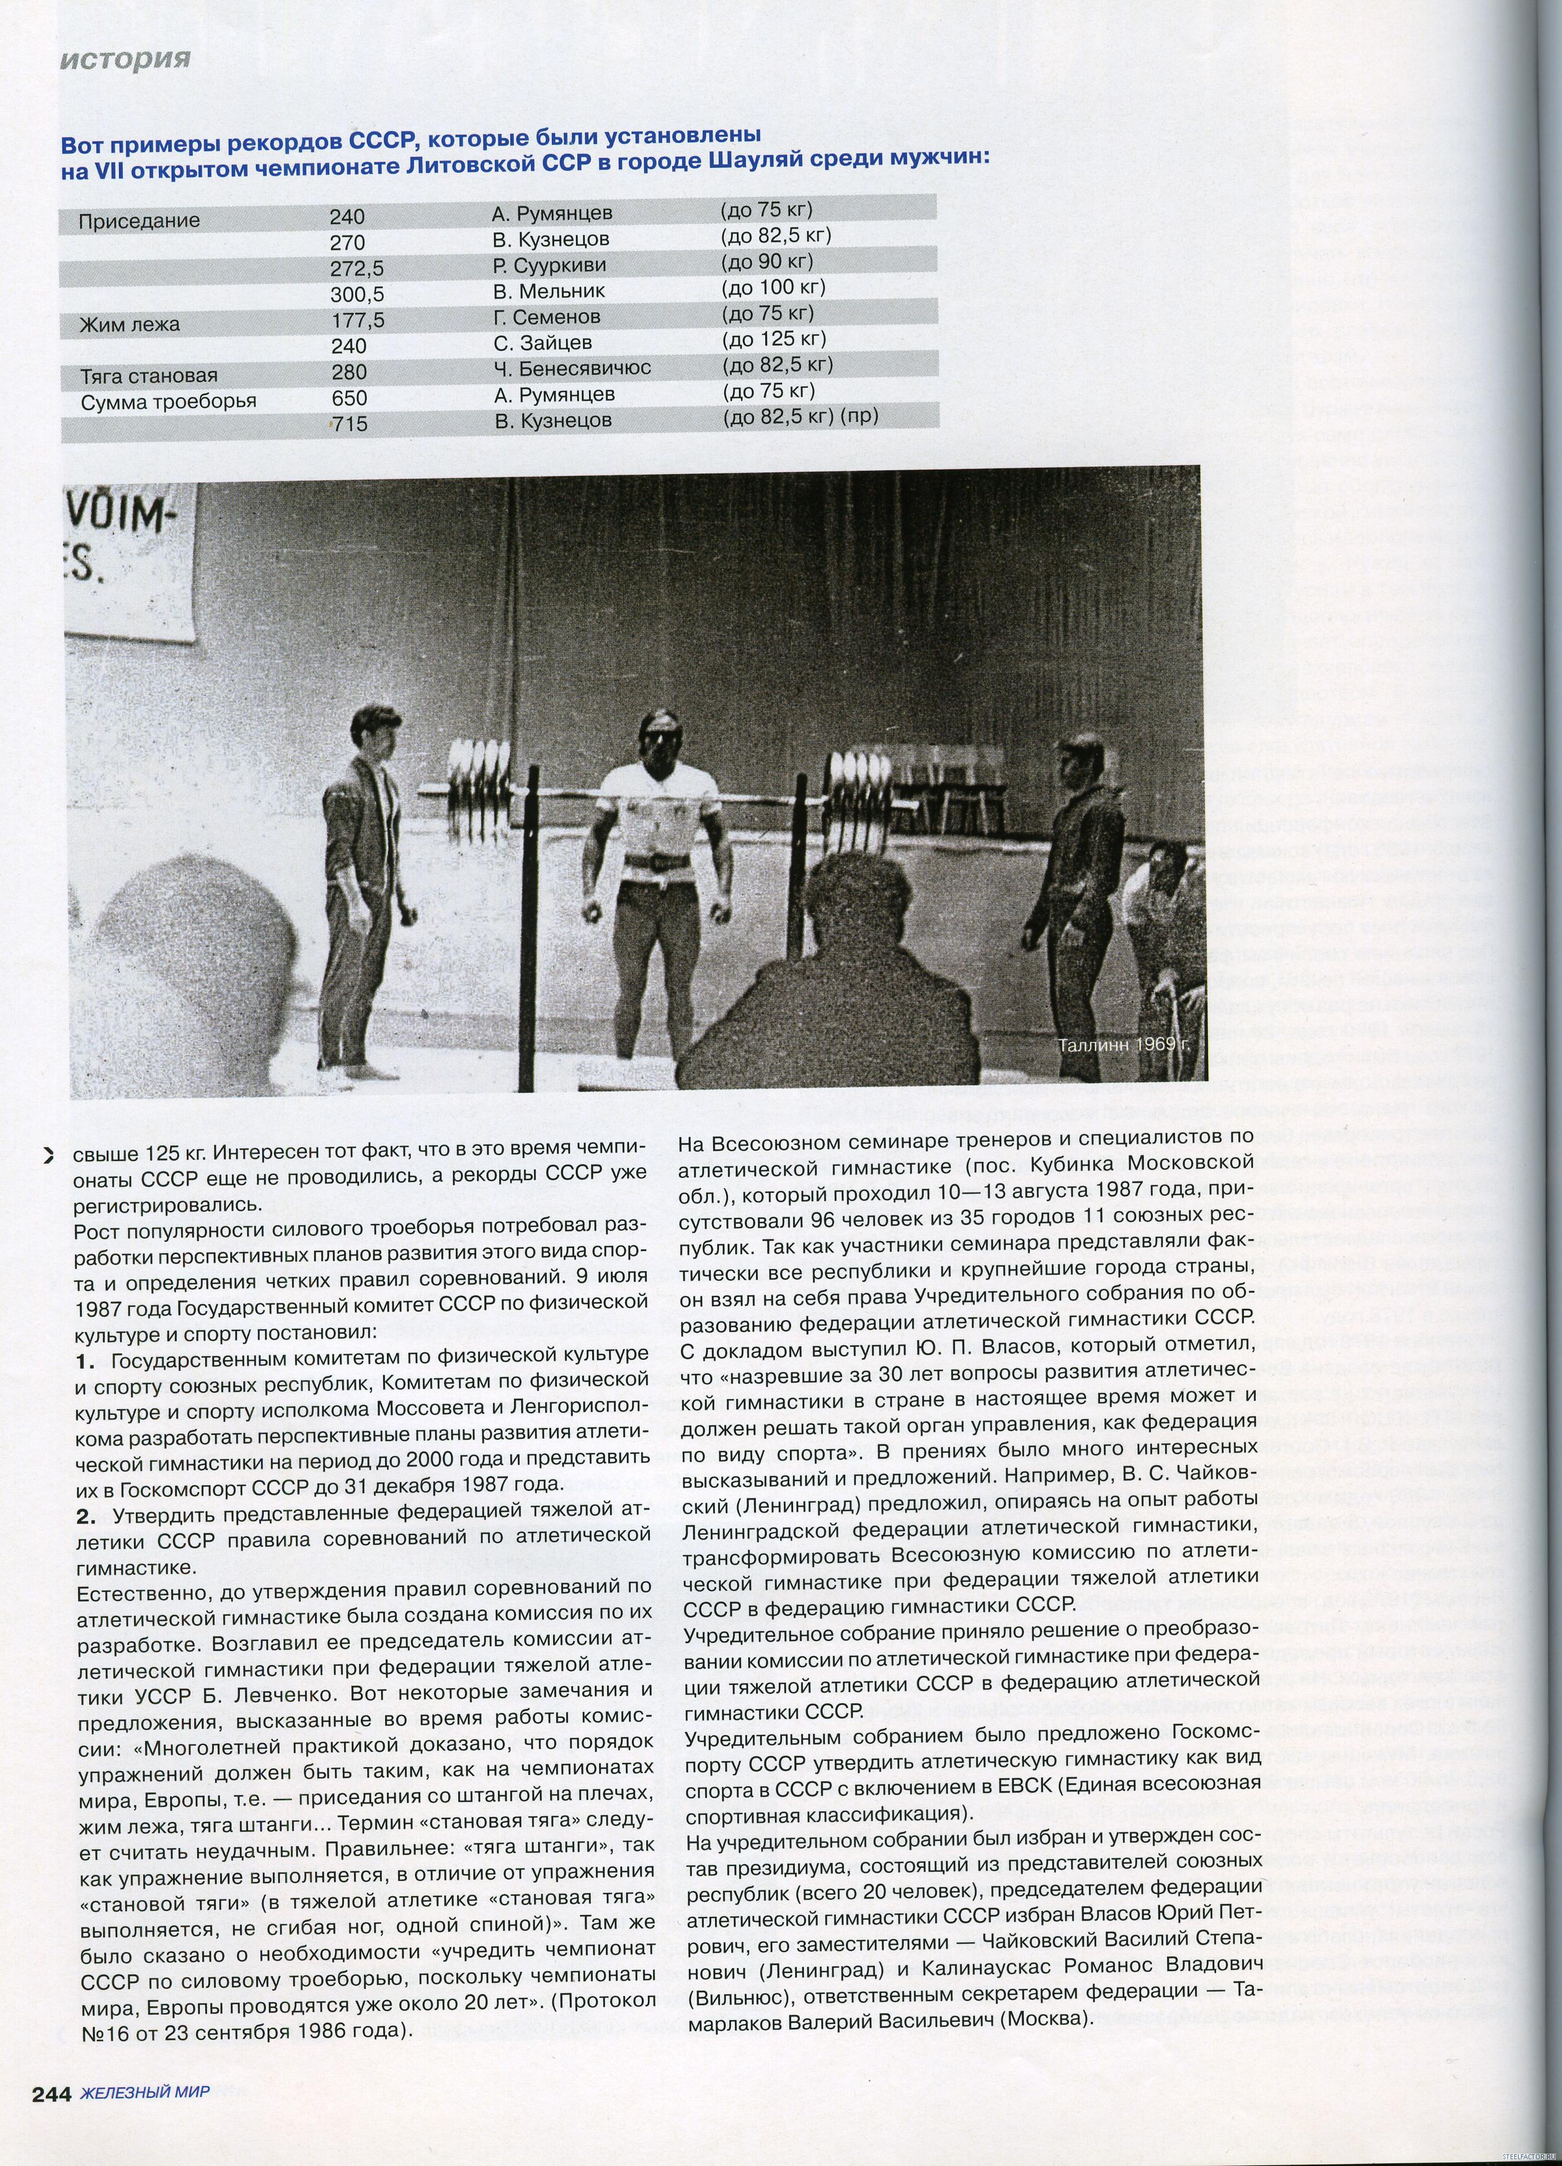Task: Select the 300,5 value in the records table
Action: coord(357,295)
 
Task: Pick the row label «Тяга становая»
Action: coord(148,376)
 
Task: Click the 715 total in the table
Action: coord(350,423)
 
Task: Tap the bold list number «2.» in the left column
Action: coord(87,1516)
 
